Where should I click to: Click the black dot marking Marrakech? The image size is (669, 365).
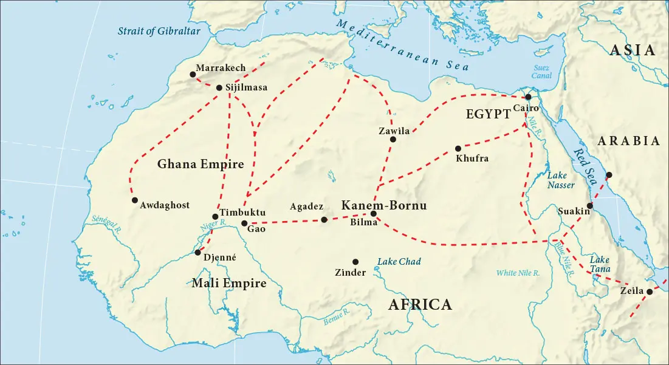click(x=193, y=75)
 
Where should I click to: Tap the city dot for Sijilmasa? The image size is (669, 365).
click(x=219, y=87)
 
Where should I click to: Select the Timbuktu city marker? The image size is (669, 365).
click(x=215, y=217)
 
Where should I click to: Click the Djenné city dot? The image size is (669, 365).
click(x=198, y=252)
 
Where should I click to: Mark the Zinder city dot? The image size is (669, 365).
click(x=355, y=262)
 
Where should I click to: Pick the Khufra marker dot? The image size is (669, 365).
click(x=458, y=148)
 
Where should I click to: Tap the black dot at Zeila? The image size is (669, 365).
click(x=649, y=292)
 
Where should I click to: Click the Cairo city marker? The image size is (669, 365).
click(x=529, y=97)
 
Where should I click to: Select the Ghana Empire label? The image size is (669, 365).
click(x=200, y=164)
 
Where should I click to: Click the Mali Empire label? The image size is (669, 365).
click(x=228, y=283)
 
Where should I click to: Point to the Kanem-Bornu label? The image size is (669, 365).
click(x=383, y=205)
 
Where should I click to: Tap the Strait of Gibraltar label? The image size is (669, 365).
click(x=159, y=31)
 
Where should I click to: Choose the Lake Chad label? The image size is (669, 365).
click(x=399, y=262)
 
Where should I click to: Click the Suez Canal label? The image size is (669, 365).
click(x=542, y=72)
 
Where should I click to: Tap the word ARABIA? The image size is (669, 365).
click(x=629, y=141)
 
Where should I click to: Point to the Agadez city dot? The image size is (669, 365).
click(x=324, y=220)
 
